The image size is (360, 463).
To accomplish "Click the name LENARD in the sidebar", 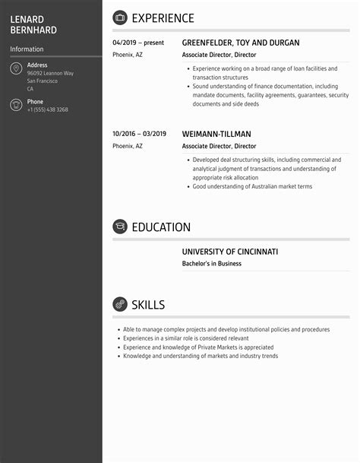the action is [27, 19].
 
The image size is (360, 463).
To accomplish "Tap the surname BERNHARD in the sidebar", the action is [33, 30].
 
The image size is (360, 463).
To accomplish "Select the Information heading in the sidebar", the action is [27, 49].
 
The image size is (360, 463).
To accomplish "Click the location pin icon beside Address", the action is [16, 69].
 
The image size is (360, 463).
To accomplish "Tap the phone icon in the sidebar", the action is [16, 106].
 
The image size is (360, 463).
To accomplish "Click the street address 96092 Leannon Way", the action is [50, 73].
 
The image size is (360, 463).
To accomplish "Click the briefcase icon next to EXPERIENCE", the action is [120, 18].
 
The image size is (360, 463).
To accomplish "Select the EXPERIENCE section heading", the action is [163, 18].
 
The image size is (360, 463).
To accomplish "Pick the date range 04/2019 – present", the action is [138, 43].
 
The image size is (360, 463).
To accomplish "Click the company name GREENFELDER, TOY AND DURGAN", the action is [240, 43].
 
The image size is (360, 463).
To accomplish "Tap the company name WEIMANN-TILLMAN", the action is [216, 134].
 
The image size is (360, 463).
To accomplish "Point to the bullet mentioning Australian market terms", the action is [252, 186].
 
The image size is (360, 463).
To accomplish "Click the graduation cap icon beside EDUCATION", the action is [120, 227].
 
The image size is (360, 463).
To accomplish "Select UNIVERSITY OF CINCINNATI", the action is [230, 252].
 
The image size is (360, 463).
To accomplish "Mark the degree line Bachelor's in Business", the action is [212, 264].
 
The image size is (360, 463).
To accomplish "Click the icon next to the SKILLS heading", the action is [120, 305].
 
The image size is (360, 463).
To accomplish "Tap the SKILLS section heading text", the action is [148, 305].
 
